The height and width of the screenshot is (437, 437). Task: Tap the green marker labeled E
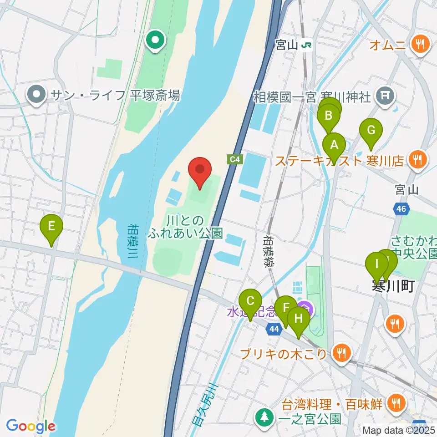coord(51,226)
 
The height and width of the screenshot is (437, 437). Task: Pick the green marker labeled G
coord(371,131)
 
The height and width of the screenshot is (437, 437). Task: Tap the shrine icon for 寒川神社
coord(385,96)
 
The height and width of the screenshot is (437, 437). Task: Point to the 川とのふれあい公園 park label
coord(186,227)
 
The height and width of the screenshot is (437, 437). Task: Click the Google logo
coord(30,426)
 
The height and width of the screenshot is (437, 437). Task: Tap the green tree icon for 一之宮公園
coord(264,417)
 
